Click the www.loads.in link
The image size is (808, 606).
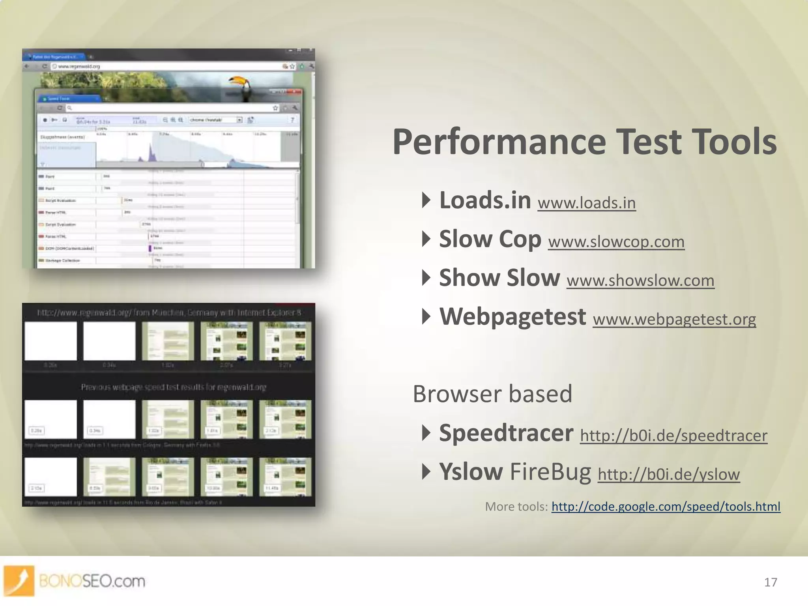(x=586, y=203)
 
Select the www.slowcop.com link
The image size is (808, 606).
(x=616, y=242)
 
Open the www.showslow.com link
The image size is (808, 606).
(x=640, y=281)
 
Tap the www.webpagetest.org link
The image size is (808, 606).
(x=674, y=319)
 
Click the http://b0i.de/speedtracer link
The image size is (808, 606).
(x=673, y=436)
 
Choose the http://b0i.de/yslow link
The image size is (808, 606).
(x=668, y=474)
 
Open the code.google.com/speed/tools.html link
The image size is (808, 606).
(x=666, y=507)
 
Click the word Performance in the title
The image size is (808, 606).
(x=499, y=143)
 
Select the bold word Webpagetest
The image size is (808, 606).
(x=512, y=317)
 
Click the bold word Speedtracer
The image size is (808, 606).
(x=506, y=433)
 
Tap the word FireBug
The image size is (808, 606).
(x=550, y=472)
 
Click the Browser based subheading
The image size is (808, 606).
(x=492, y=394)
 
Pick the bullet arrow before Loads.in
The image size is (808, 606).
(x=426, y=200)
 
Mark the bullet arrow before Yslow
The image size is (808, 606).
(x=426, y=471)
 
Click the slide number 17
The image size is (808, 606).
(x=770, y=582)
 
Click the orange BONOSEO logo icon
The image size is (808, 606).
(x=19, y=580)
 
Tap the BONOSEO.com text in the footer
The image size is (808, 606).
(x=92, y=581)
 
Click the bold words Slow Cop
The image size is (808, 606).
(x=490, y=239)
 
